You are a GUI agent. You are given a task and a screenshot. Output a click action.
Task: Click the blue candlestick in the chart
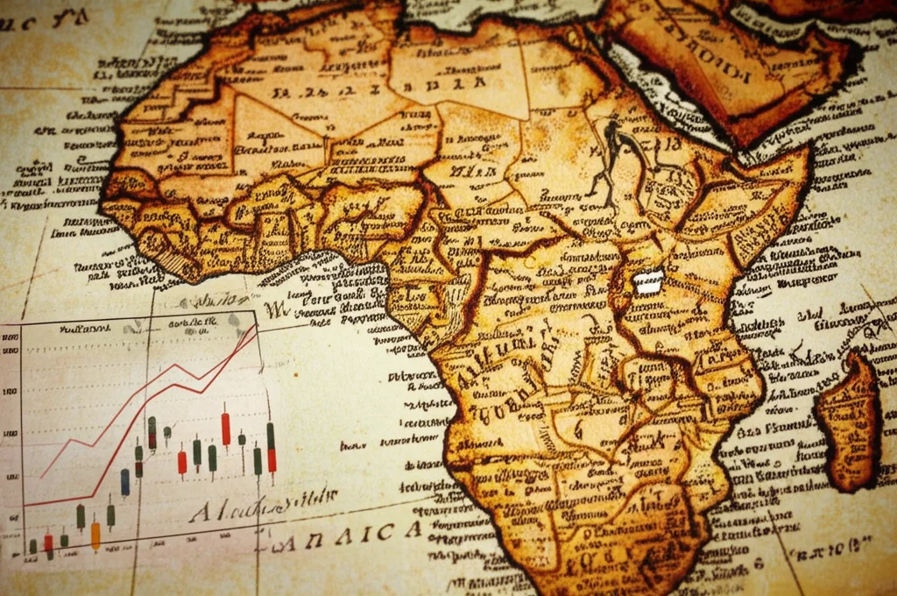click(125, 481)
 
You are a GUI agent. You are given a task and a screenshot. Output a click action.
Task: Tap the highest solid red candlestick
click(225, 429)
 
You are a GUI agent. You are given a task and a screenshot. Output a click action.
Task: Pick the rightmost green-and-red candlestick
click(271, 448)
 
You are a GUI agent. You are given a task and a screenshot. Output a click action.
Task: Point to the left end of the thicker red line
click(25, 506)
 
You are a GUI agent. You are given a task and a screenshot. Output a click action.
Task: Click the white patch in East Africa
click(649, 282)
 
